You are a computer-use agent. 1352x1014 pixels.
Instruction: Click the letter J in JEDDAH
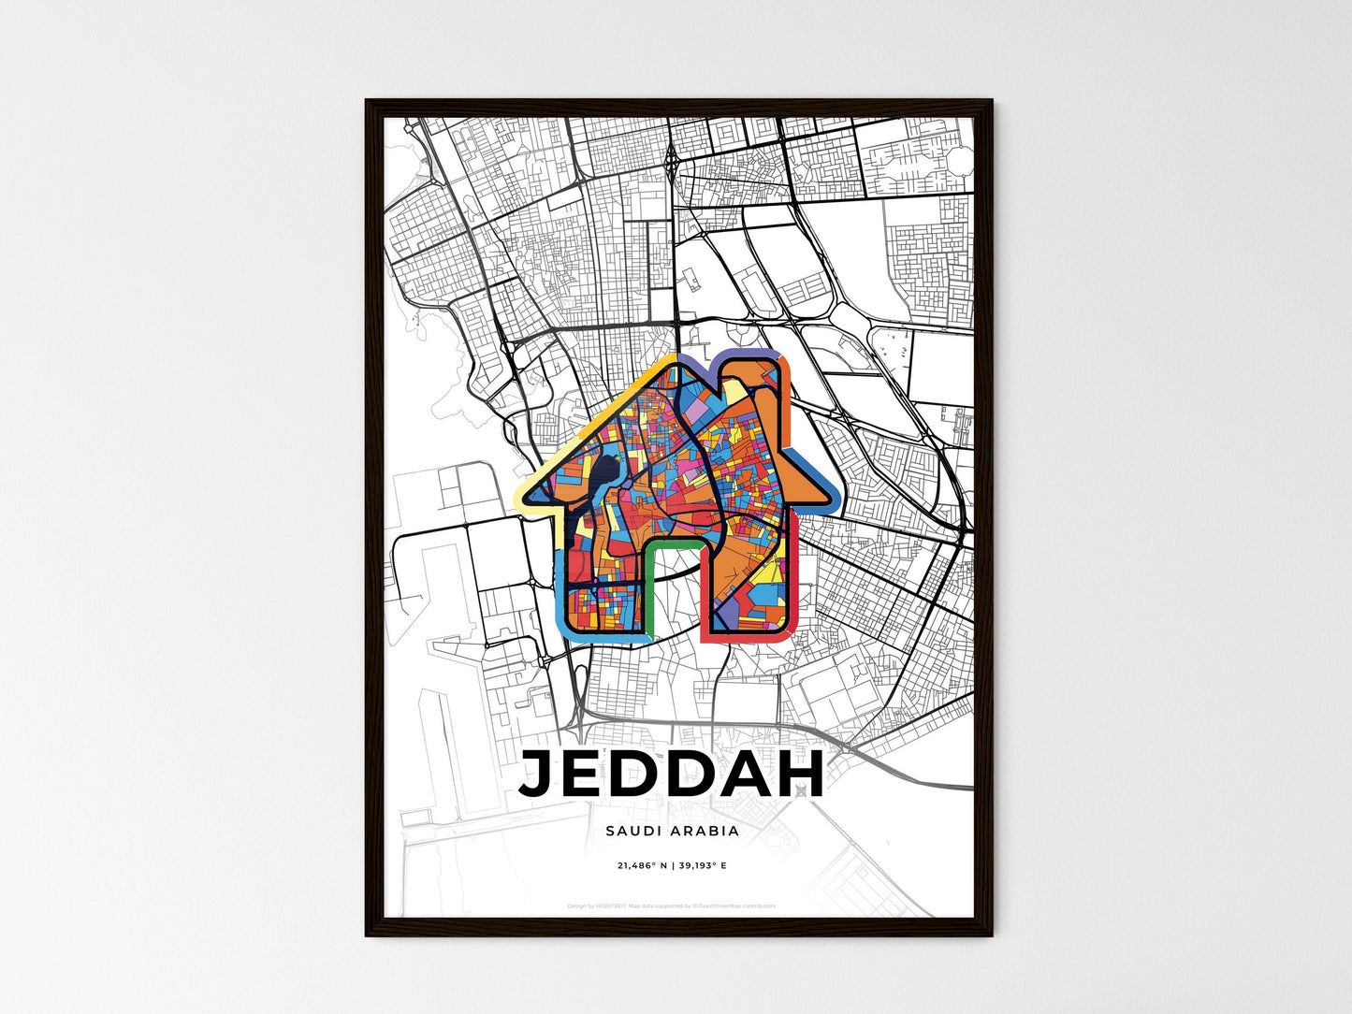(x=540, y=775)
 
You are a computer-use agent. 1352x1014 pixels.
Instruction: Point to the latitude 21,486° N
(x=641, y=866)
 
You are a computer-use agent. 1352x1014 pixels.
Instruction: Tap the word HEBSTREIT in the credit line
(x=609, y=905)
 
